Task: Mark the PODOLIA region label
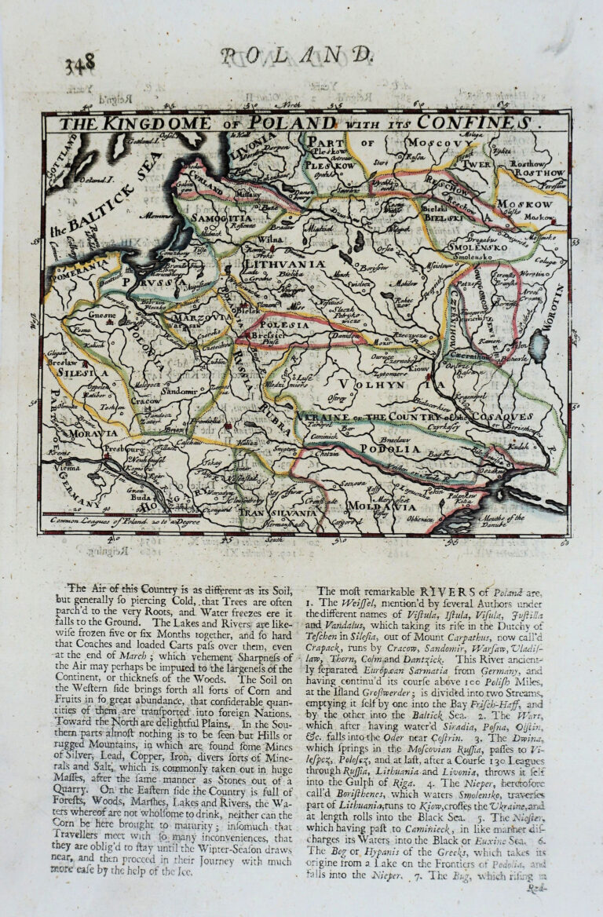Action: click(x=386, y=448)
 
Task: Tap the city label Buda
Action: click(x=143, y=497)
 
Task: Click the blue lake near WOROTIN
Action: click(x=539, y=343)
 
